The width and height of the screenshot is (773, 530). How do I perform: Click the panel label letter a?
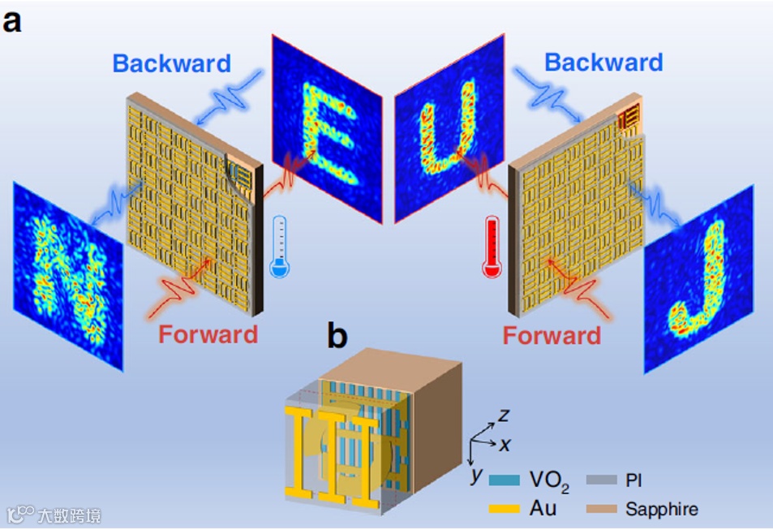tap(14, 20)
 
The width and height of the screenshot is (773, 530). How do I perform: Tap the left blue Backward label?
tap(171, 62)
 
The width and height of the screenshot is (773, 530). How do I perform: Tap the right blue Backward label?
tap(603, 62)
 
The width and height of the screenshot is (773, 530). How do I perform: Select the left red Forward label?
tap(208, 334)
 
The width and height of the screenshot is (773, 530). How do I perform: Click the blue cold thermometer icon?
tap(280, 248)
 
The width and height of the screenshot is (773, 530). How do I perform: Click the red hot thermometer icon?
tap(490, 248)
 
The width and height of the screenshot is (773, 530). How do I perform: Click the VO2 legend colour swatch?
tap(505, 480)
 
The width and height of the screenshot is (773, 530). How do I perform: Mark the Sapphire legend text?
tap(661, 510)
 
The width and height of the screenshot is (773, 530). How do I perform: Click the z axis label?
tap(504, 416)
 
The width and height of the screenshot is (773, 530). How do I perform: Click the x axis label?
tap(505, 445)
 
